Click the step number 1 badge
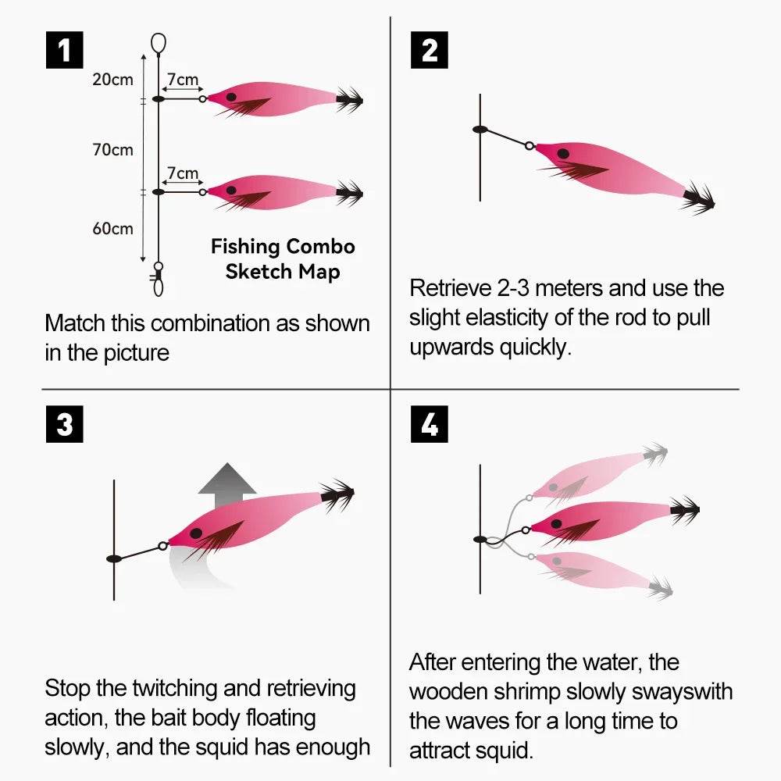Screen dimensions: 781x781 point(64,52)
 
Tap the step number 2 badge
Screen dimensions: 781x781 point(429,52)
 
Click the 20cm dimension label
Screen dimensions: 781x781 point(112,80)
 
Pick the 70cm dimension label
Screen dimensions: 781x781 point(112,150)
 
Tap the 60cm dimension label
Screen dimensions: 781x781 point(112,229)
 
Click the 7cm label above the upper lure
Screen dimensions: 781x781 point(182,80)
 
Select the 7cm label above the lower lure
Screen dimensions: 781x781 point(182,173)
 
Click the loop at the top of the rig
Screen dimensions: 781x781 point(158,43)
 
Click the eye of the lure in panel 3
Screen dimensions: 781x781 point(196,533)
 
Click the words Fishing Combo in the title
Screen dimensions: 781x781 point(283,247)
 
